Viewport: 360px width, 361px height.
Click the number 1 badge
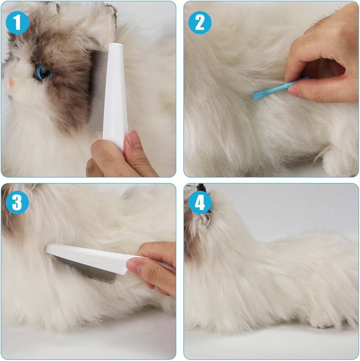(17, 22)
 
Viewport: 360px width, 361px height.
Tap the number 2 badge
(200, 22)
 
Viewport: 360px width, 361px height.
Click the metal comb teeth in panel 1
(97, 91)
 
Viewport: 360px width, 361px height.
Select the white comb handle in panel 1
(115, 94)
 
